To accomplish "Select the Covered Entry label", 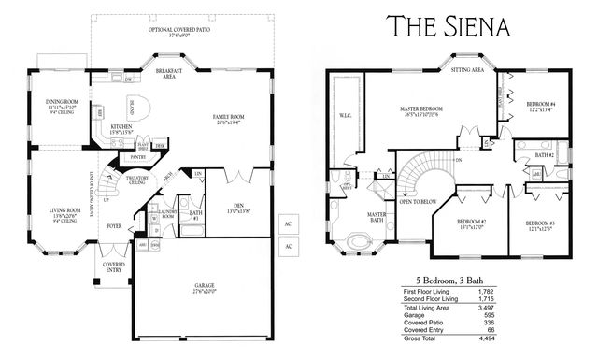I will coord(113,268).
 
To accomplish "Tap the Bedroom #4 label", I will coord(540,106).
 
